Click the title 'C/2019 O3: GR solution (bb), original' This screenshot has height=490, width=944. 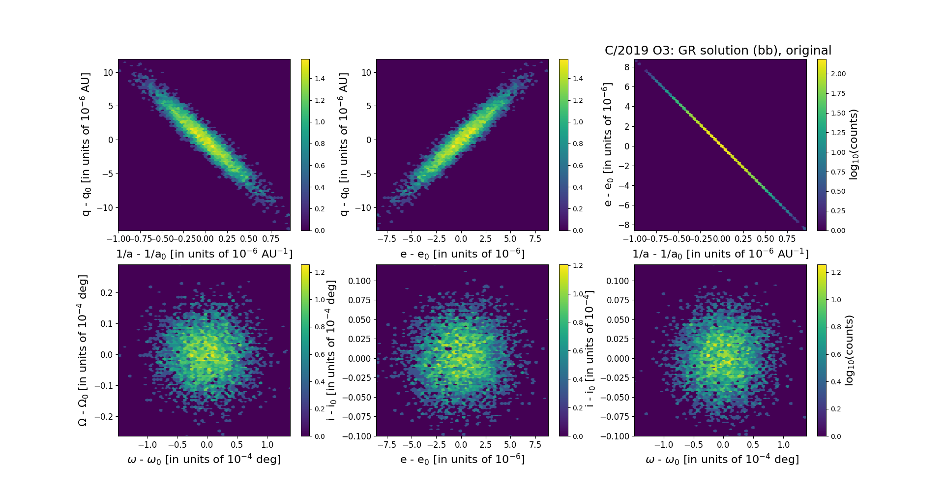(718, 51)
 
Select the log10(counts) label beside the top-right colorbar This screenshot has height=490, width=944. (854, 144)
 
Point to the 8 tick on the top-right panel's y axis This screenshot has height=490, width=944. (627, 67)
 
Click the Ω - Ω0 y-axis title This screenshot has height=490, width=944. (83, 350)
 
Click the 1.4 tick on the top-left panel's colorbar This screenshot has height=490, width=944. (320, 79)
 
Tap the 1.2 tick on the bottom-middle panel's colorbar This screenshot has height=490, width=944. (578, 265)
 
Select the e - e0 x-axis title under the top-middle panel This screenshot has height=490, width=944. (462, 254)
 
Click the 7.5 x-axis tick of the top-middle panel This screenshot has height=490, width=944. (535, 239)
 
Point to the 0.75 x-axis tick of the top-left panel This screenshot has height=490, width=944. (271, 239)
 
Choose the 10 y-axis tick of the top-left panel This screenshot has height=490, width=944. (108, 73)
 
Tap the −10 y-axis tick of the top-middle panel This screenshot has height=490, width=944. (363, 208)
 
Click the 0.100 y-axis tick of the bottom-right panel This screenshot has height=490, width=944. (618, 281)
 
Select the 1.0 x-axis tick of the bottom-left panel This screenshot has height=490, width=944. (267, 445)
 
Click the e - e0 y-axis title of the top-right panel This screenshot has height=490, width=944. (608, 144)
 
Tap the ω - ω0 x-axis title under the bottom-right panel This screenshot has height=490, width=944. (722, 460)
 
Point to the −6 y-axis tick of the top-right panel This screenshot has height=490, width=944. (624, 205)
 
